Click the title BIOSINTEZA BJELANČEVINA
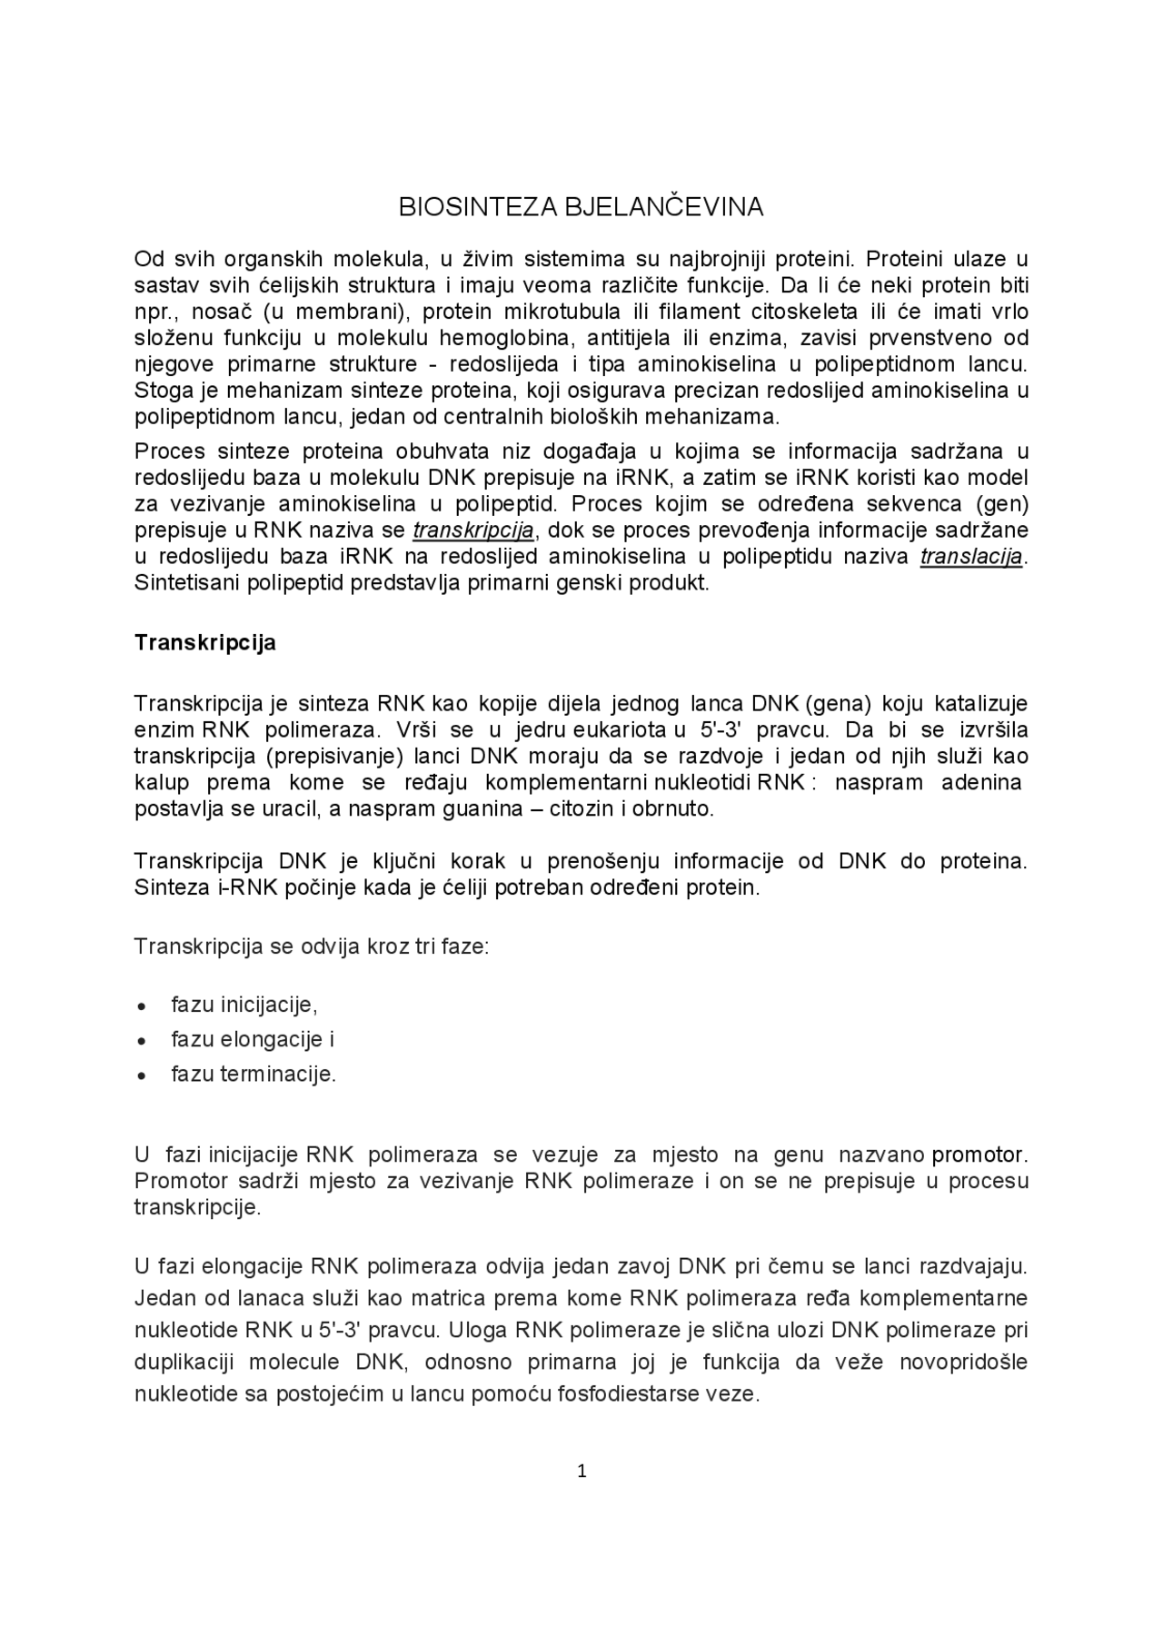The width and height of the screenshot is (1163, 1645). pyautogui.click(x=581, y=208)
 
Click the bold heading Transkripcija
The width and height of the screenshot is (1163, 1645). pyautogui.click(x=205, y=643)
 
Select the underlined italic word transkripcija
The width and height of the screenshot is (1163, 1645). pyautogui.click(x=472, y=530)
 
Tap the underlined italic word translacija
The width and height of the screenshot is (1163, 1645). pyautogui.click(x=971, y=557)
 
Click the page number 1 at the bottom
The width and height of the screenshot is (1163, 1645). pyautogui.click(x=581, y=1472)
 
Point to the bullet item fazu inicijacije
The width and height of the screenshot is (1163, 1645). pyautogui.click(x=244, y=1005)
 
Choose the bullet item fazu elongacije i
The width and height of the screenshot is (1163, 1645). pyautogui.click(x=253, y=1039)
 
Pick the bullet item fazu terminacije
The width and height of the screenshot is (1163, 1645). pyautogui.click(x=253, y=1075)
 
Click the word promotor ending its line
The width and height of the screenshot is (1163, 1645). pyautogui.click(x=978, y=1155)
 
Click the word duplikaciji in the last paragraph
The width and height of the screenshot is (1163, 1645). pyautogui.click(x=184, y=1363)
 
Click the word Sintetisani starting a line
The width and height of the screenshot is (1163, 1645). pyautogui.click(x=185, y=583)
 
